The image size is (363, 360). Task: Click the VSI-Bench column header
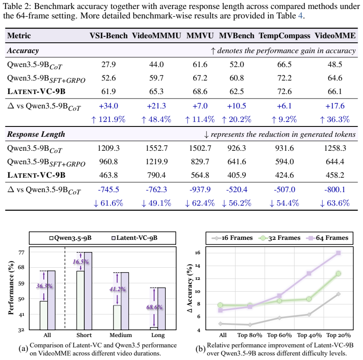(109, 36)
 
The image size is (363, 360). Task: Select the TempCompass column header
(284, 36)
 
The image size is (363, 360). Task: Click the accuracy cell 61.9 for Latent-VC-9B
(109, 91)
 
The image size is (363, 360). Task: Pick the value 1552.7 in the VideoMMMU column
(156, 148)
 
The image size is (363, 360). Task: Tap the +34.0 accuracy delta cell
(109, 106)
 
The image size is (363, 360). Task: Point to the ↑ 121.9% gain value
(108, 120)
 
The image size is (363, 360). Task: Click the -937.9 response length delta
(200, 190)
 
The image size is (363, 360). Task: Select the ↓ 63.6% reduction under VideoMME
(335, 203)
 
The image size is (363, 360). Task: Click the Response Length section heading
(36, 135)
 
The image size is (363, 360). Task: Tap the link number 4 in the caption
(300, 16)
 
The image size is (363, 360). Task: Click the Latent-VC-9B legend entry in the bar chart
(135, 238)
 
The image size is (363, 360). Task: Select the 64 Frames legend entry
(327, 238)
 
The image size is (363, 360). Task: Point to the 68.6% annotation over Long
(154, 307)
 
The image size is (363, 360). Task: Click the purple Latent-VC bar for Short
(88, 291)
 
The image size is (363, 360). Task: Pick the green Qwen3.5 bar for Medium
(117, 317)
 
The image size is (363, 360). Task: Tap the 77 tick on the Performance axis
(21, 252)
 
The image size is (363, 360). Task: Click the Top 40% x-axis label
(309, 335)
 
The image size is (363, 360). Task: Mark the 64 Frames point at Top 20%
(338, 253)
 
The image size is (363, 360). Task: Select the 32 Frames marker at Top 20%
(338, 274)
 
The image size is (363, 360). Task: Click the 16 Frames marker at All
(220, 324)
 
